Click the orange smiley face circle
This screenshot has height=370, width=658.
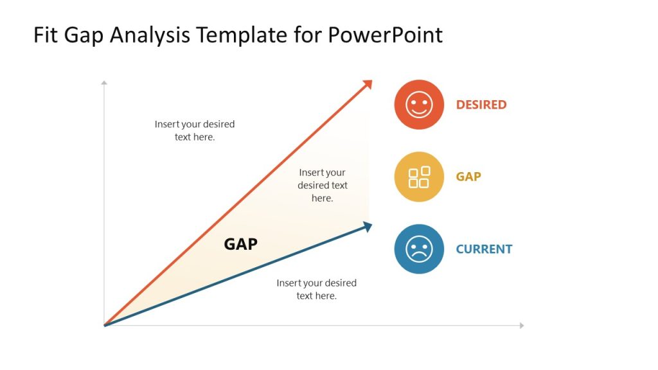pyautogui.click(x=419, y=105)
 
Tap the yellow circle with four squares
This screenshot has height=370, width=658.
pyautogui.click(x=419, y=177)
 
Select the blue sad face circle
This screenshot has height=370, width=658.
pyautogui.click(x=419, y=249)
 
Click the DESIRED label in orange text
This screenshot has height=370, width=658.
pyautogui.click(x=481, y=105)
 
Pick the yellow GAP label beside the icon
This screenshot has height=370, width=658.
pyautogui.click(x=468, y=177)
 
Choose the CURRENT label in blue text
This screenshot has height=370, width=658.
pyautogui.click(x=484, y=249)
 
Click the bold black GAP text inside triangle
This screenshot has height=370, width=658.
pyautogui.click(x=240, y=244)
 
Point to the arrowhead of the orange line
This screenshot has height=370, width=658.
pyautogui.click(x=368, y=84)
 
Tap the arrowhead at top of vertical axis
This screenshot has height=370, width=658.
pyautogui.click(x=104, y=82)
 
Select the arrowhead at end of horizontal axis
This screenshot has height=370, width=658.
pyautogui.click(x=522, y=326)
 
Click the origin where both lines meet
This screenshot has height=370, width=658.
pyautogui.click(x=105, y=325)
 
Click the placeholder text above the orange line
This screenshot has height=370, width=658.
pyautogui.click(x=195, y=130)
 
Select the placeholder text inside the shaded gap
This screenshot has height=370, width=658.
pyautogui.click(x=323, y=185)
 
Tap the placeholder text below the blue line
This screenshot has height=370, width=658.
pyautogui.click(x=316, y=289)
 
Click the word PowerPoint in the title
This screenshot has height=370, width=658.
pyautogui.click(x=385, y=35)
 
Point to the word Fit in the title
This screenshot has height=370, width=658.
pyautogui.click(x=47, y=35)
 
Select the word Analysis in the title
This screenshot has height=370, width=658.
pyautogui.click(x=150, y=35)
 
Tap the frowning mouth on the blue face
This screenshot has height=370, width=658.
pyautogui.click(x=419, y=256)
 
